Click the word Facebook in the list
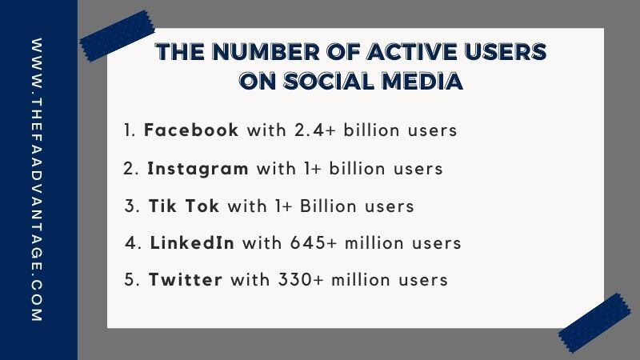[x=191, y=130]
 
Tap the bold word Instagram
[x=198, y=169]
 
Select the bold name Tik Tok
[x=184, y=206]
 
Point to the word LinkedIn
[x=192, y=243]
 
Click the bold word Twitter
[x=186, y=279]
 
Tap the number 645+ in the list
[x=314, y=243]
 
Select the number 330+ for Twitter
[x=302, y=279]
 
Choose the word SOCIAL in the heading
[x=329, y=81]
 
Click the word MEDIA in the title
[x=422, y=81]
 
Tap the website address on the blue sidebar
[x=37, y=179]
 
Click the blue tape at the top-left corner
[x=117, y=36]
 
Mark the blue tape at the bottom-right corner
[x=594, y=322]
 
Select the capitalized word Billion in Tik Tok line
[x=329, y=206]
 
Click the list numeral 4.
[x=133, y=243]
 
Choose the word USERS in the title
[x=506, y=52]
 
